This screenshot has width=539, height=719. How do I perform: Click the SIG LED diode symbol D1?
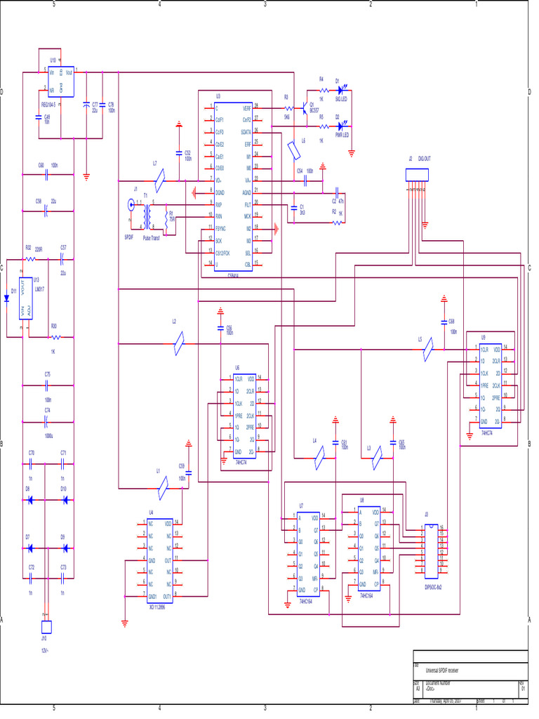342,91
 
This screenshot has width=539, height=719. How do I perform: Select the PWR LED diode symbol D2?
342,126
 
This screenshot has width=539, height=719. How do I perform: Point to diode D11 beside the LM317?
6,298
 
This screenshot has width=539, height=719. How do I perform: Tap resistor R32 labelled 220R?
29,258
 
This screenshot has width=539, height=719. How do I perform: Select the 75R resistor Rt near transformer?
167,213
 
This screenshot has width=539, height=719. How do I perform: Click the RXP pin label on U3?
219,204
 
